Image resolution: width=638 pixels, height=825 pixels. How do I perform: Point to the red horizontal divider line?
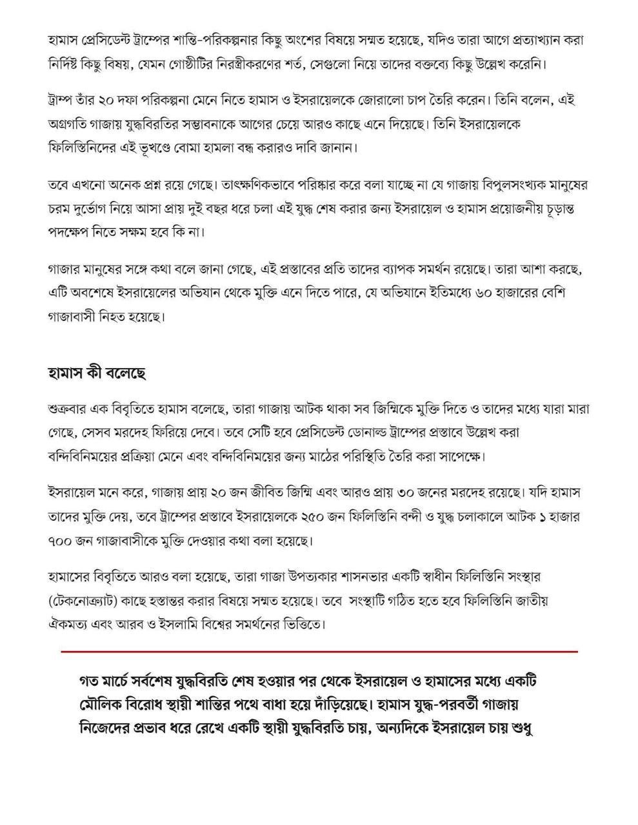319,652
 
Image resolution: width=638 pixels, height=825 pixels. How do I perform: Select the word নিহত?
114,316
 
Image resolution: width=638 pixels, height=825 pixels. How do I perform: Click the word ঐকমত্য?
71,625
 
